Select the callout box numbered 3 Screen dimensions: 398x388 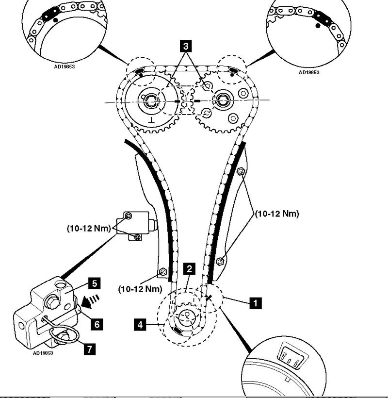(184, 47)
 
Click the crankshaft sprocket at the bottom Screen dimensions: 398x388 (185, 318)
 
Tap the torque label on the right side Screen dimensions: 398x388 (278, 213)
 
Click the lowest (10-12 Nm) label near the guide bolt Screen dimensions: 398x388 (140, 289)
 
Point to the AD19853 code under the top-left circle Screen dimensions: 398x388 (65, 67)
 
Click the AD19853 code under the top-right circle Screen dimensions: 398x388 (309, 72)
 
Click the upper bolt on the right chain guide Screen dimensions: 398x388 (240, 171)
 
